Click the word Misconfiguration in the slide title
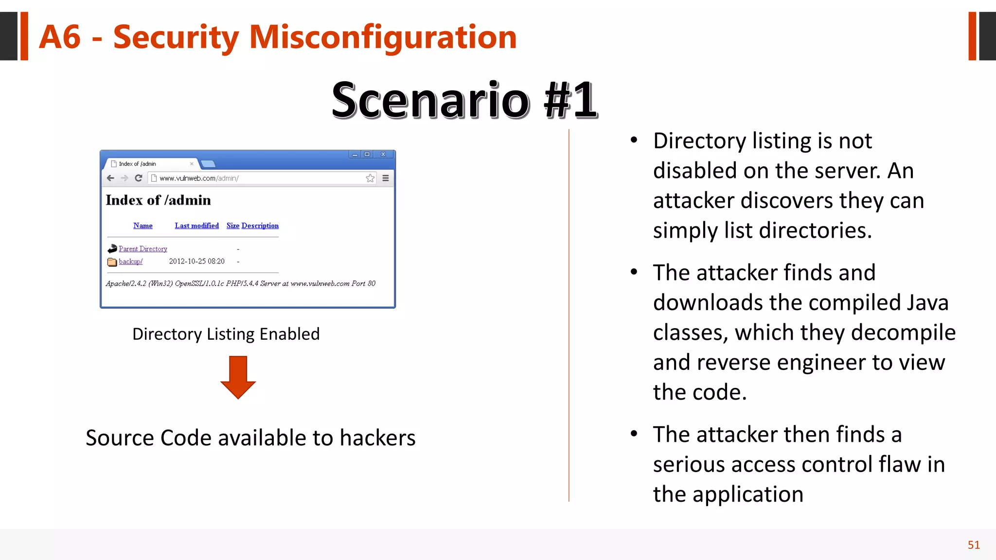click(383, 37)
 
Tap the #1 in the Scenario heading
click(570, 100)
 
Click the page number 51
click(973, 545)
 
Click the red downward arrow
click(238, 377)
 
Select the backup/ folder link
click(130, 262)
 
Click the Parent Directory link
click(142, 249)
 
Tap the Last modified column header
click(196, 226)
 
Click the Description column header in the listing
click(260, 226)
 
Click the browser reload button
click(139, 178)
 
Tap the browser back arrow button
click(110, 178)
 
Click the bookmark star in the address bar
click(370, 178)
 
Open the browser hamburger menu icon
click(386, 178)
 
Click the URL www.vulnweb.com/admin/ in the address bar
click(199, 178)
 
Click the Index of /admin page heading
click(158, 200)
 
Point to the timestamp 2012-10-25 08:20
click(196, 262)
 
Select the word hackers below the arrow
click(377, 437)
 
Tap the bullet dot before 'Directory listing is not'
click(634, 140)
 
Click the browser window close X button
click(383, 154)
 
